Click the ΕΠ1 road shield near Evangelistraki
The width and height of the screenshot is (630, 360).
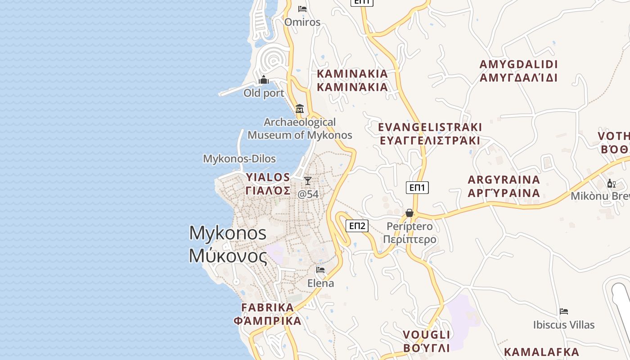(x=417, y=188)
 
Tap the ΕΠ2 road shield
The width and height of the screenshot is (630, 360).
(x=357, y=226)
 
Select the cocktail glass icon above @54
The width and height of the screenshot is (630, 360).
(x=308, y=181)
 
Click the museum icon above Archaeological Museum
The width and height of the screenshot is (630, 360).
(x=300, y=108)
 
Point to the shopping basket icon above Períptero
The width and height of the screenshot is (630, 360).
(x=409, y=212)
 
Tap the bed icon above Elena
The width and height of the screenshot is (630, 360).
(x=320, y=270)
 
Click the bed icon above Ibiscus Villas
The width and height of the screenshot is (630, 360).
(x=564, y=311)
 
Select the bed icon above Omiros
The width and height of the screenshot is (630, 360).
(x=302, y=9)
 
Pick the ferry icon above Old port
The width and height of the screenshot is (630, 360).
(x=264, y=80)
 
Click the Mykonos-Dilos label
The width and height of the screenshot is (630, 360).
(x=239, y=159)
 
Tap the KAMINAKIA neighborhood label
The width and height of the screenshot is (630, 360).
(x=352, y=80)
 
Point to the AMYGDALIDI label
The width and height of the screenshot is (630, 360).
(x=518, y=71)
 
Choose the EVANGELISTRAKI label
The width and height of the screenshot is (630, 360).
(x=430, y=134)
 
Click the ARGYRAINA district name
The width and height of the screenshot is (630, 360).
(x=504, y=186)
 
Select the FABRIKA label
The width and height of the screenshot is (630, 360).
(x=267, y=314)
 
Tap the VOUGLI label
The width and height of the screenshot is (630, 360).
(x=426, y=341)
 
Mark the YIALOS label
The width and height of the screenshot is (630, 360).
(x=268, y=184)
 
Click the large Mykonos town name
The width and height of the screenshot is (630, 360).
(x=228, y=244)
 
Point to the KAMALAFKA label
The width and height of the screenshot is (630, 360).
(x=541, y=352)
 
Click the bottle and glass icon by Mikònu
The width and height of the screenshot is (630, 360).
(x=611, y=183)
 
